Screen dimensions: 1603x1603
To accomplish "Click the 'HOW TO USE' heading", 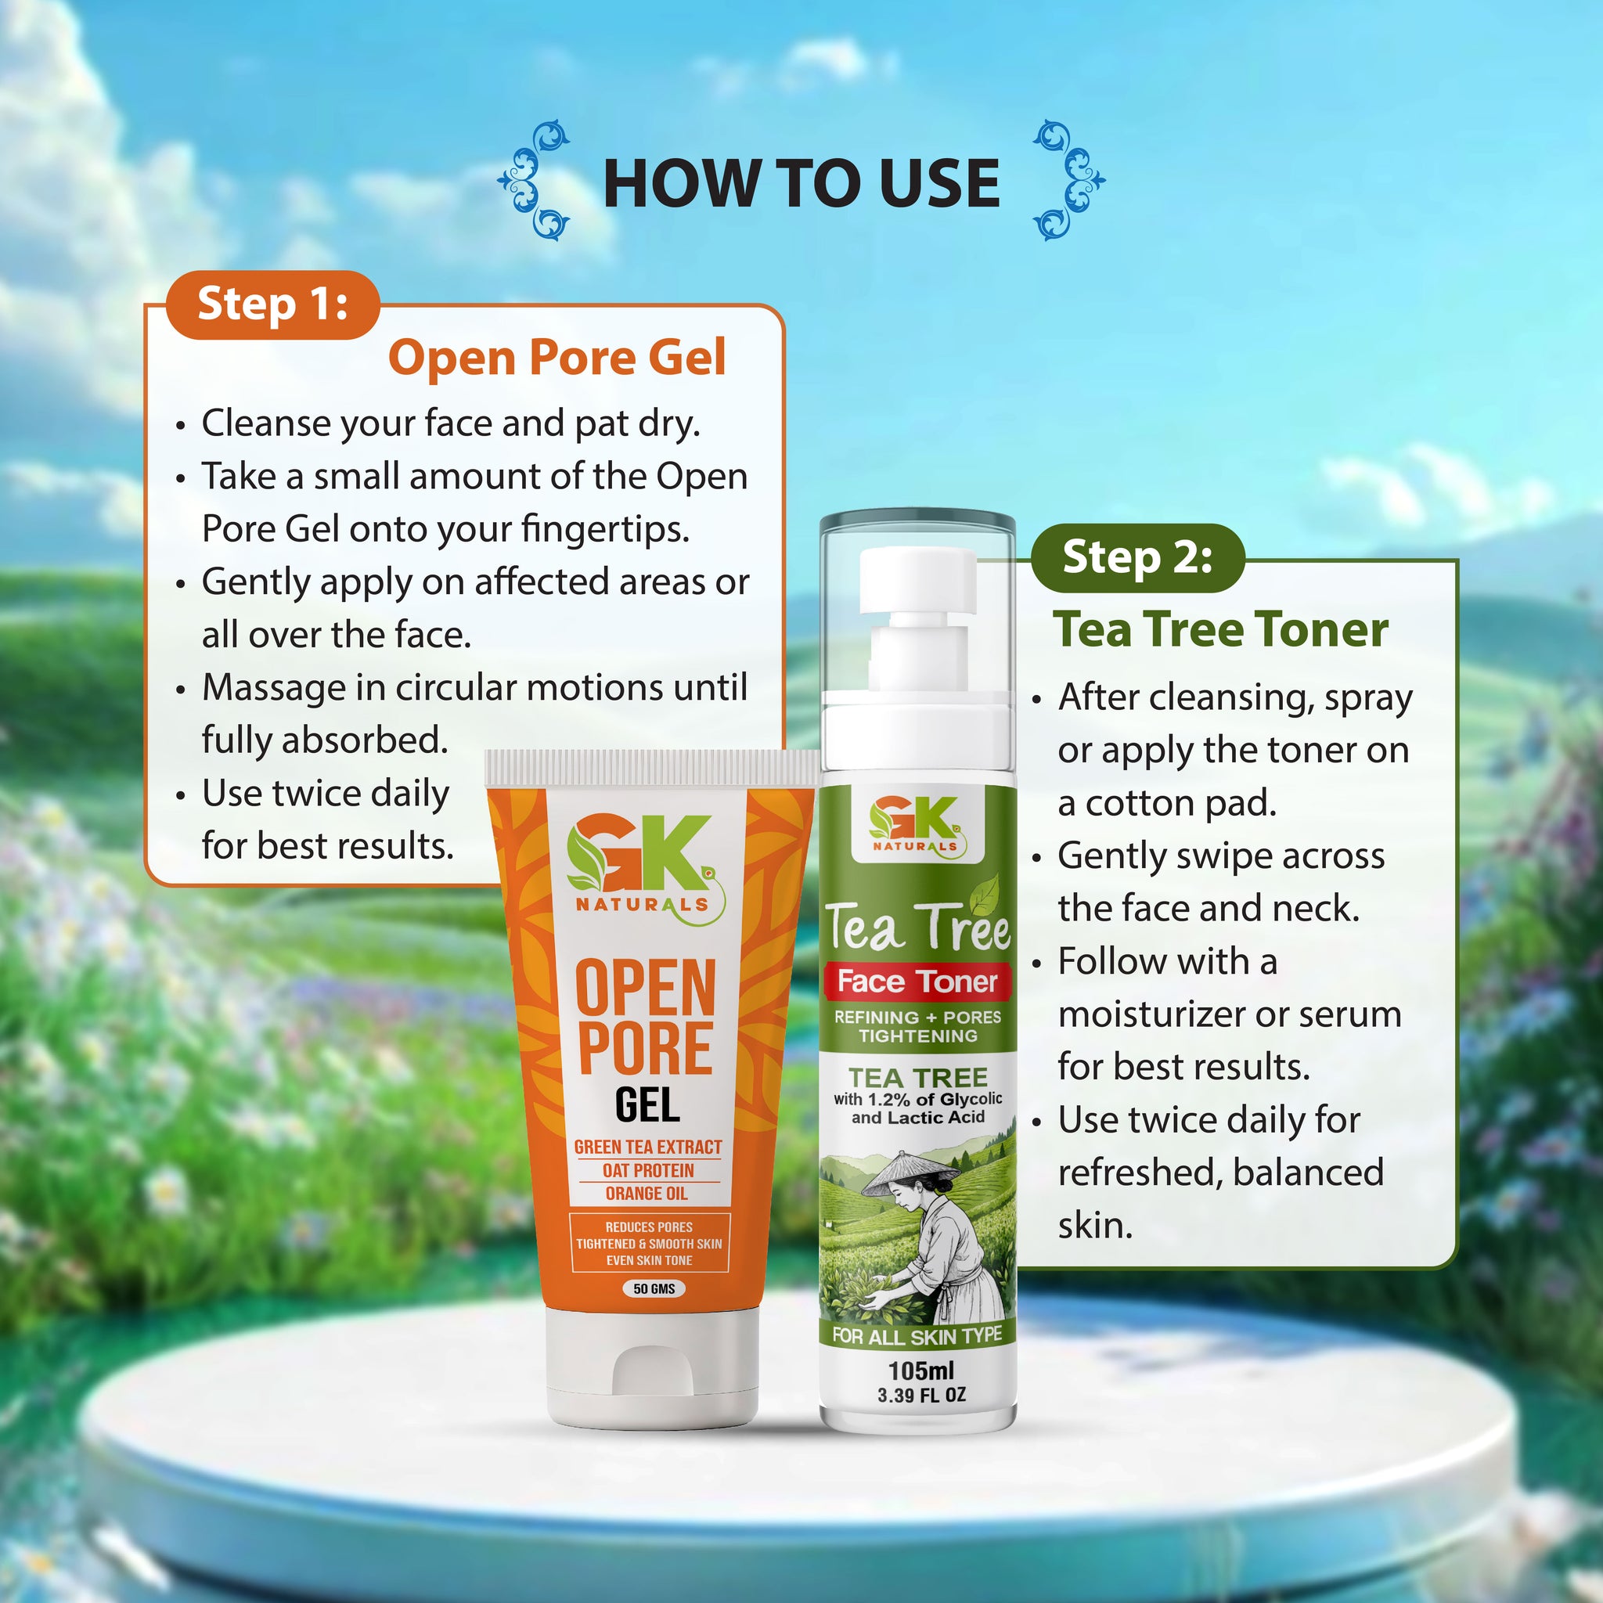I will click(801, 183).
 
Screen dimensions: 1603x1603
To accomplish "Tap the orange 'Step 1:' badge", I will click(272, 304).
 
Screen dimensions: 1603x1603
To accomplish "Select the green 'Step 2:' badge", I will click(1137, 557).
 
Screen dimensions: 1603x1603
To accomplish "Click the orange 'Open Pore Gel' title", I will click(557, 358).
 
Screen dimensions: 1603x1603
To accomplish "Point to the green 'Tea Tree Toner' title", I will click(1220, 630).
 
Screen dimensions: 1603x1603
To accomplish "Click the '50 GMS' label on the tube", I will click(654, 1288).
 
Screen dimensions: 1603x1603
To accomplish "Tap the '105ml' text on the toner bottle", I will click(921, 1371).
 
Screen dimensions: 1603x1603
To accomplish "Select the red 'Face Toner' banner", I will click(917, 982).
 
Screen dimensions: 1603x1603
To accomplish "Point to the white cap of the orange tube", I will click(652, 1369).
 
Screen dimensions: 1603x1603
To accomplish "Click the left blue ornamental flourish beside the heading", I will click(534, 181).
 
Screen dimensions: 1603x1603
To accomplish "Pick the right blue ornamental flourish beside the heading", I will click(1068, 181).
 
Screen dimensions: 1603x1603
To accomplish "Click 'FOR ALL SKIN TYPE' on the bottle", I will click(917, 1336).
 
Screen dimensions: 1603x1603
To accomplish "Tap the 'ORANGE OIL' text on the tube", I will click(647, 1193).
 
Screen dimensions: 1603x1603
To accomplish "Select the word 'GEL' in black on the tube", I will click(647, 1105).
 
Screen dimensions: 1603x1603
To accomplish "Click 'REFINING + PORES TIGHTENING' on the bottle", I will click(917, 1026).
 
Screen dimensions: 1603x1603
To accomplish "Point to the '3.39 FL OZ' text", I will click(921, 1396).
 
